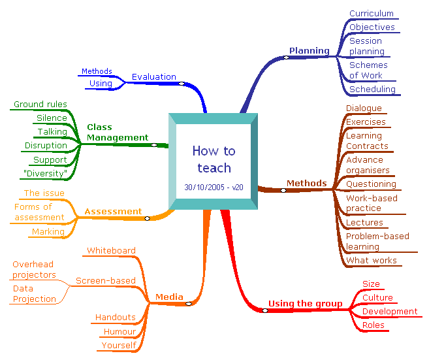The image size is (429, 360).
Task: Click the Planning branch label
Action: (x=309, y=50)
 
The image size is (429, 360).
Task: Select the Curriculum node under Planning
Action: (x=372, y=13)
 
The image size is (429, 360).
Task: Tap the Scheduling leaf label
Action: (x=372, y=89)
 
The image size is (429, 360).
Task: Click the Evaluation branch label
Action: (x=153, y=76)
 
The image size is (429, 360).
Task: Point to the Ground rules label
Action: (x=40, y=104)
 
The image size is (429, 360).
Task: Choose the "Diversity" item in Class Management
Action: (x=45, y=173)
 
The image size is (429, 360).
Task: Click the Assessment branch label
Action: (x=113, y=211)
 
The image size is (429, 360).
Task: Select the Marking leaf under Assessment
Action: (x=48, y=231)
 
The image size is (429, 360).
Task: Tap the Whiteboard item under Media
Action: (x=111, y=250)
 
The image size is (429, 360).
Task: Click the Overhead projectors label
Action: (x=35, y=269)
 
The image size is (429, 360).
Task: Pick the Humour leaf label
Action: (x=119, y=331)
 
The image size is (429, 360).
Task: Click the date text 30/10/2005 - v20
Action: (x=214, y=187)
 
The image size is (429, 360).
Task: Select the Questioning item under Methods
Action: (x=371, y=184)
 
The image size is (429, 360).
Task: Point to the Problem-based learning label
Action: (x=377, y=241)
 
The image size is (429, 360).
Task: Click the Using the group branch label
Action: (x=305, y=303)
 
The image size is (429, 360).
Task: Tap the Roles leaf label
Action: (x=373, y=325)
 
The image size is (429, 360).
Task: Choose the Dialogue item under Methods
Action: (x=364, y=108)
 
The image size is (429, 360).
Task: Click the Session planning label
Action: (x=366, y=46)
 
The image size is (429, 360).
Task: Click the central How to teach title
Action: (x=214, y=159)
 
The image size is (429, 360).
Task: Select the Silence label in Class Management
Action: (x=52, y=118)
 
